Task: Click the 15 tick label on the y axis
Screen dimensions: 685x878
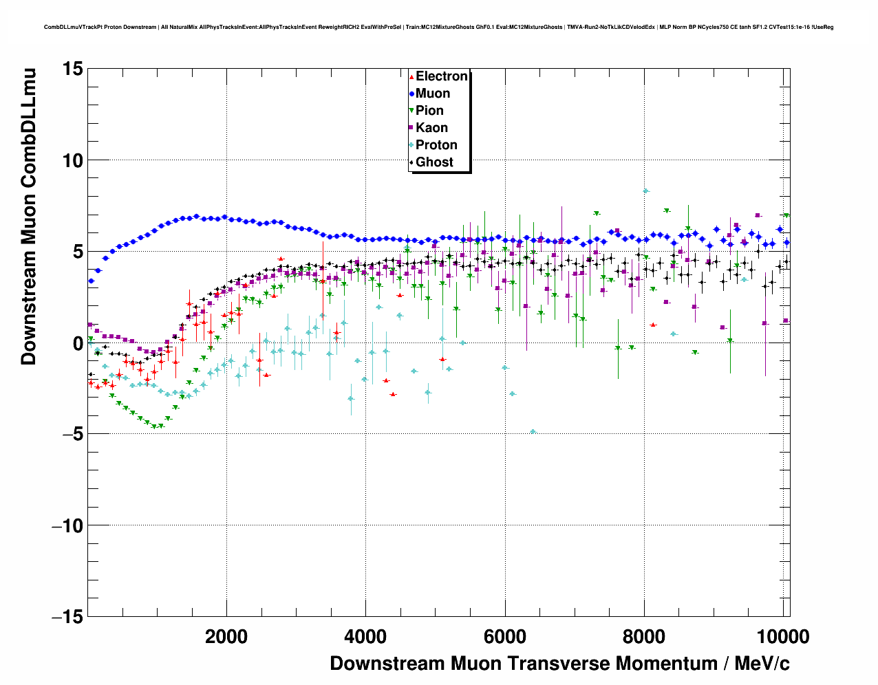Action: coord(72,69)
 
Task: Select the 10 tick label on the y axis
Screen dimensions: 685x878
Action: coord(72,160)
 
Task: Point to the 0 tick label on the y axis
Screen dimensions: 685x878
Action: coord(77,343)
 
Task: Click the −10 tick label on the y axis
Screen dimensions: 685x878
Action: coord(67,525)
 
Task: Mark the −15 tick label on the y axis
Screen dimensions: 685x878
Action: coord(67,617)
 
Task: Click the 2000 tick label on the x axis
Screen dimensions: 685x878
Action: coord(226,637)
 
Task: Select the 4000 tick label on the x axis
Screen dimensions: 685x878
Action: coord(365,637)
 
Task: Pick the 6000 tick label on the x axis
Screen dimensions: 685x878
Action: coord(504,637)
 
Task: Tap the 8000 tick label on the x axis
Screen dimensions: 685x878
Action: coord(643,637)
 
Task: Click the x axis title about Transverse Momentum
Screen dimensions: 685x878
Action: coord(559,664)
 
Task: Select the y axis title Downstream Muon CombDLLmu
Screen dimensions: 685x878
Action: coord(29,216)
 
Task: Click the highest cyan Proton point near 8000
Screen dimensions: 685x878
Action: coord(645,191)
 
